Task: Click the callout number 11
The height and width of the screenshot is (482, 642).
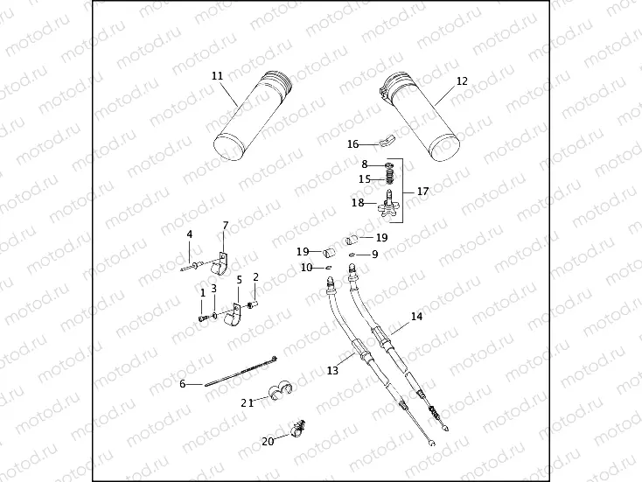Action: (217, 76)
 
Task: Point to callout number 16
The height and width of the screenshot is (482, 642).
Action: (352, 143)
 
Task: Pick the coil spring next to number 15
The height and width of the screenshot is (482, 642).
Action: (389, 178)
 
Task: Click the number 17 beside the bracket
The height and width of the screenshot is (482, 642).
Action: (422, 191)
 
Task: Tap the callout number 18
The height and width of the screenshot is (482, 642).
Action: (358, 203)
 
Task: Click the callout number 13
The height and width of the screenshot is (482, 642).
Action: (332, 371)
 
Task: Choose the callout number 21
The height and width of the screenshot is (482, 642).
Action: (248, 402)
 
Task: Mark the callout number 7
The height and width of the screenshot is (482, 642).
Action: (225, 226)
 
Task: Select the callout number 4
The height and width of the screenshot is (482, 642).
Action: (189, 234)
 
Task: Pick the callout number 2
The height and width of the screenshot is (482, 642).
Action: (255, 277)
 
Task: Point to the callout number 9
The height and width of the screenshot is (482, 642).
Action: (374, 255)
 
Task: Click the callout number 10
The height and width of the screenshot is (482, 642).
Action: (306, 267)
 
